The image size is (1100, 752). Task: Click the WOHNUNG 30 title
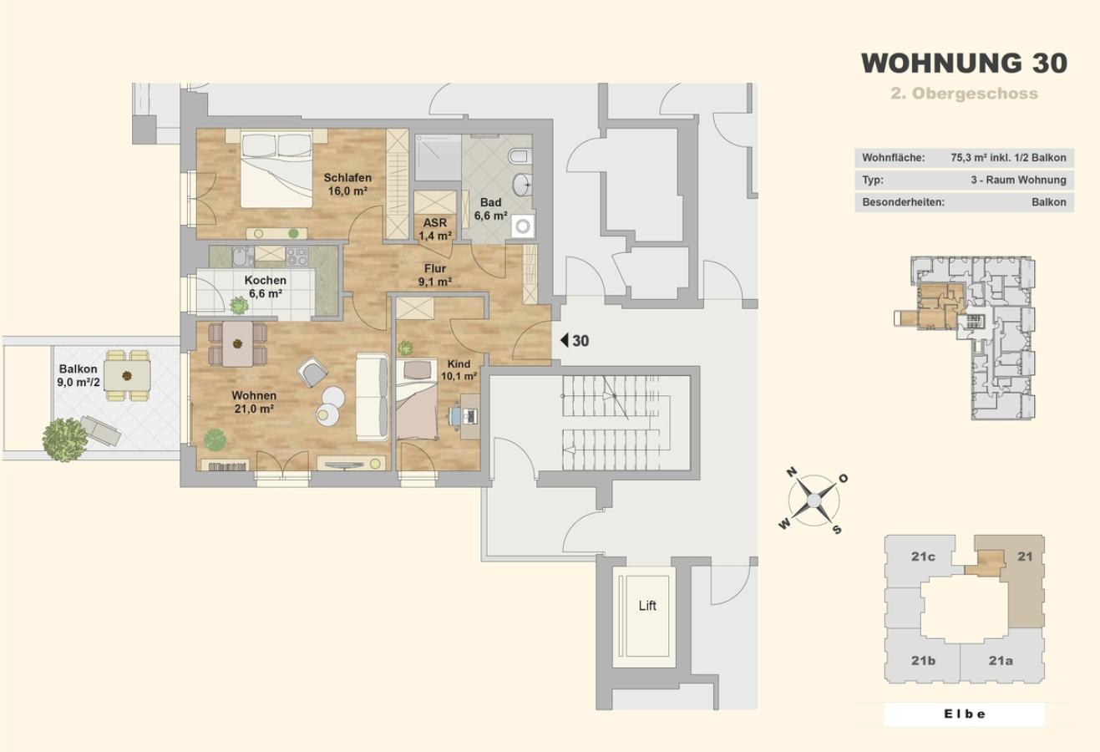click(x=964, y=64)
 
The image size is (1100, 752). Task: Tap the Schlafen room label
click(x=347, y=178)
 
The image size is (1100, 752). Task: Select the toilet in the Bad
click(x=520, y=156)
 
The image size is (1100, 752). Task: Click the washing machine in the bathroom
click(x=523, y=226)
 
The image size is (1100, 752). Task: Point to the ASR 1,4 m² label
click(x=435, y=230)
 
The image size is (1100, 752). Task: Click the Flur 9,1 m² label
click(x=435, y=275)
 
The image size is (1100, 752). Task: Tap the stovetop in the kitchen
click(x=297, y=257)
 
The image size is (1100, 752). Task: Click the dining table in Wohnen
click(x=238, y=343)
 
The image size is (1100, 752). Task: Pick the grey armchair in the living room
click(x=312, y=372)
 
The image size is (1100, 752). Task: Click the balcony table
click(x=127, y=376)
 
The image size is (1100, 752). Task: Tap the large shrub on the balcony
click(x=64, y=440)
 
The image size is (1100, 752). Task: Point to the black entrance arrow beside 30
click(x=565, y=340)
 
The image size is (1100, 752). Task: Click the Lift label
click(x=647, y=606)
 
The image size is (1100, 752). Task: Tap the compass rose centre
click(x=814, y=501)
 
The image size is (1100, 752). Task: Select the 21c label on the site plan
click(x=923, y=556)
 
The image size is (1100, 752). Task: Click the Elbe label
click(x=965, y=714)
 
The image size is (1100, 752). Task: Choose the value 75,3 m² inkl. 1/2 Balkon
click(x=1009, y=158)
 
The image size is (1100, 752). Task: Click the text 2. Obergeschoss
click(x=965, y=94)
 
